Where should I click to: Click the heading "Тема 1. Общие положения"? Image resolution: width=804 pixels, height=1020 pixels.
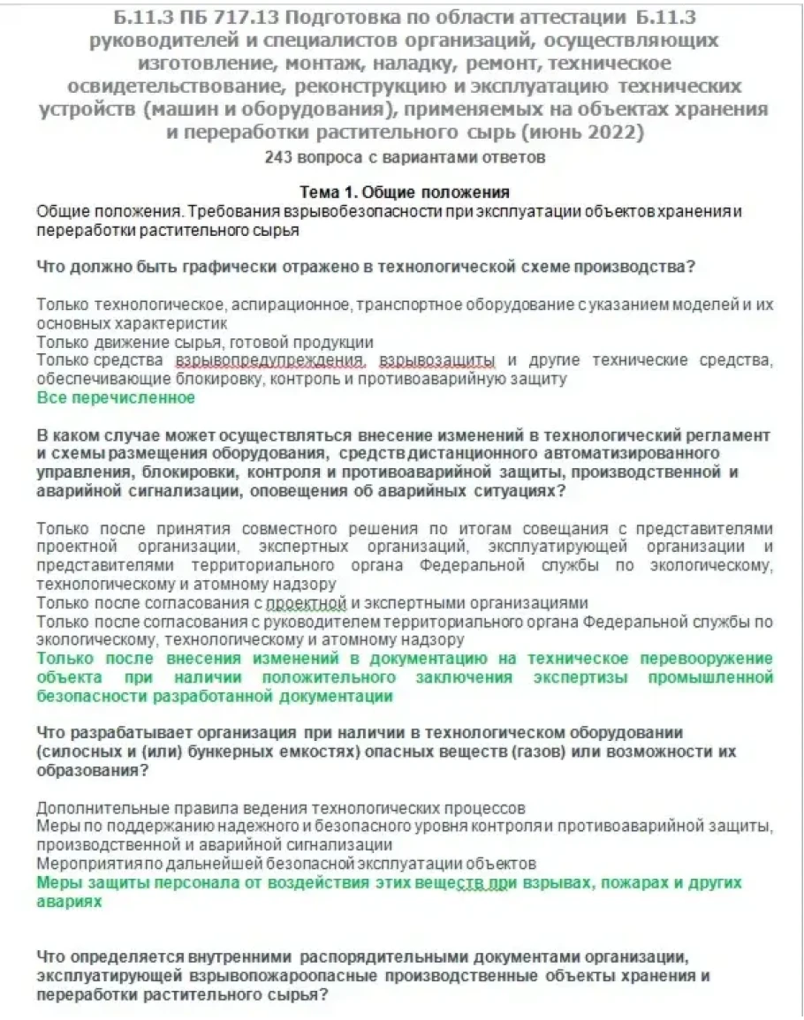(x=404, y=193)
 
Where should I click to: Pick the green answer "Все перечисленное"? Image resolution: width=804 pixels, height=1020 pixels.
(x=116, y=398)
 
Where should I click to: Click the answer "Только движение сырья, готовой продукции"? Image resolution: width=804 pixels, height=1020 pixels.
(x=205, y=342)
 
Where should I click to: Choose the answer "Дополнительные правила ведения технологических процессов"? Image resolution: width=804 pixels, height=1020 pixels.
(x=281, y=808)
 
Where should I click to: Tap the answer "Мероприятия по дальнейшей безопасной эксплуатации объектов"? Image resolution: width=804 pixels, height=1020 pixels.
(x=286, y=862)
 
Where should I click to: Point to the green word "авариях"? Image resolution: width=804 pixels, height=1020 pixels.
(x=69, y=902)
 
